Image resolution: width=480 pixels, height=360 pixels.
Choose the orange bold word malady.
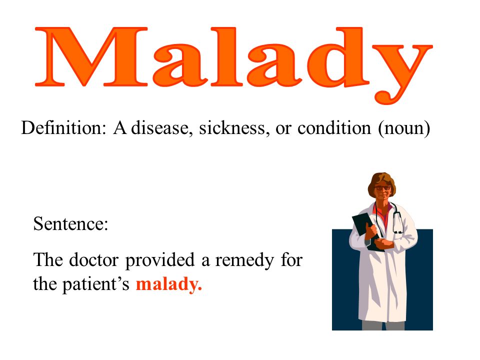tap(168, 284)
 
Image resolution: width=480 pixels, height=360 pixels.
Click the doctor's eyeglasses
tap(382, 188)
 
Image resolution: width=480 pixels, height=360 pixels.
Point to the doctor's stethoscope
tap(397, 220)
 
